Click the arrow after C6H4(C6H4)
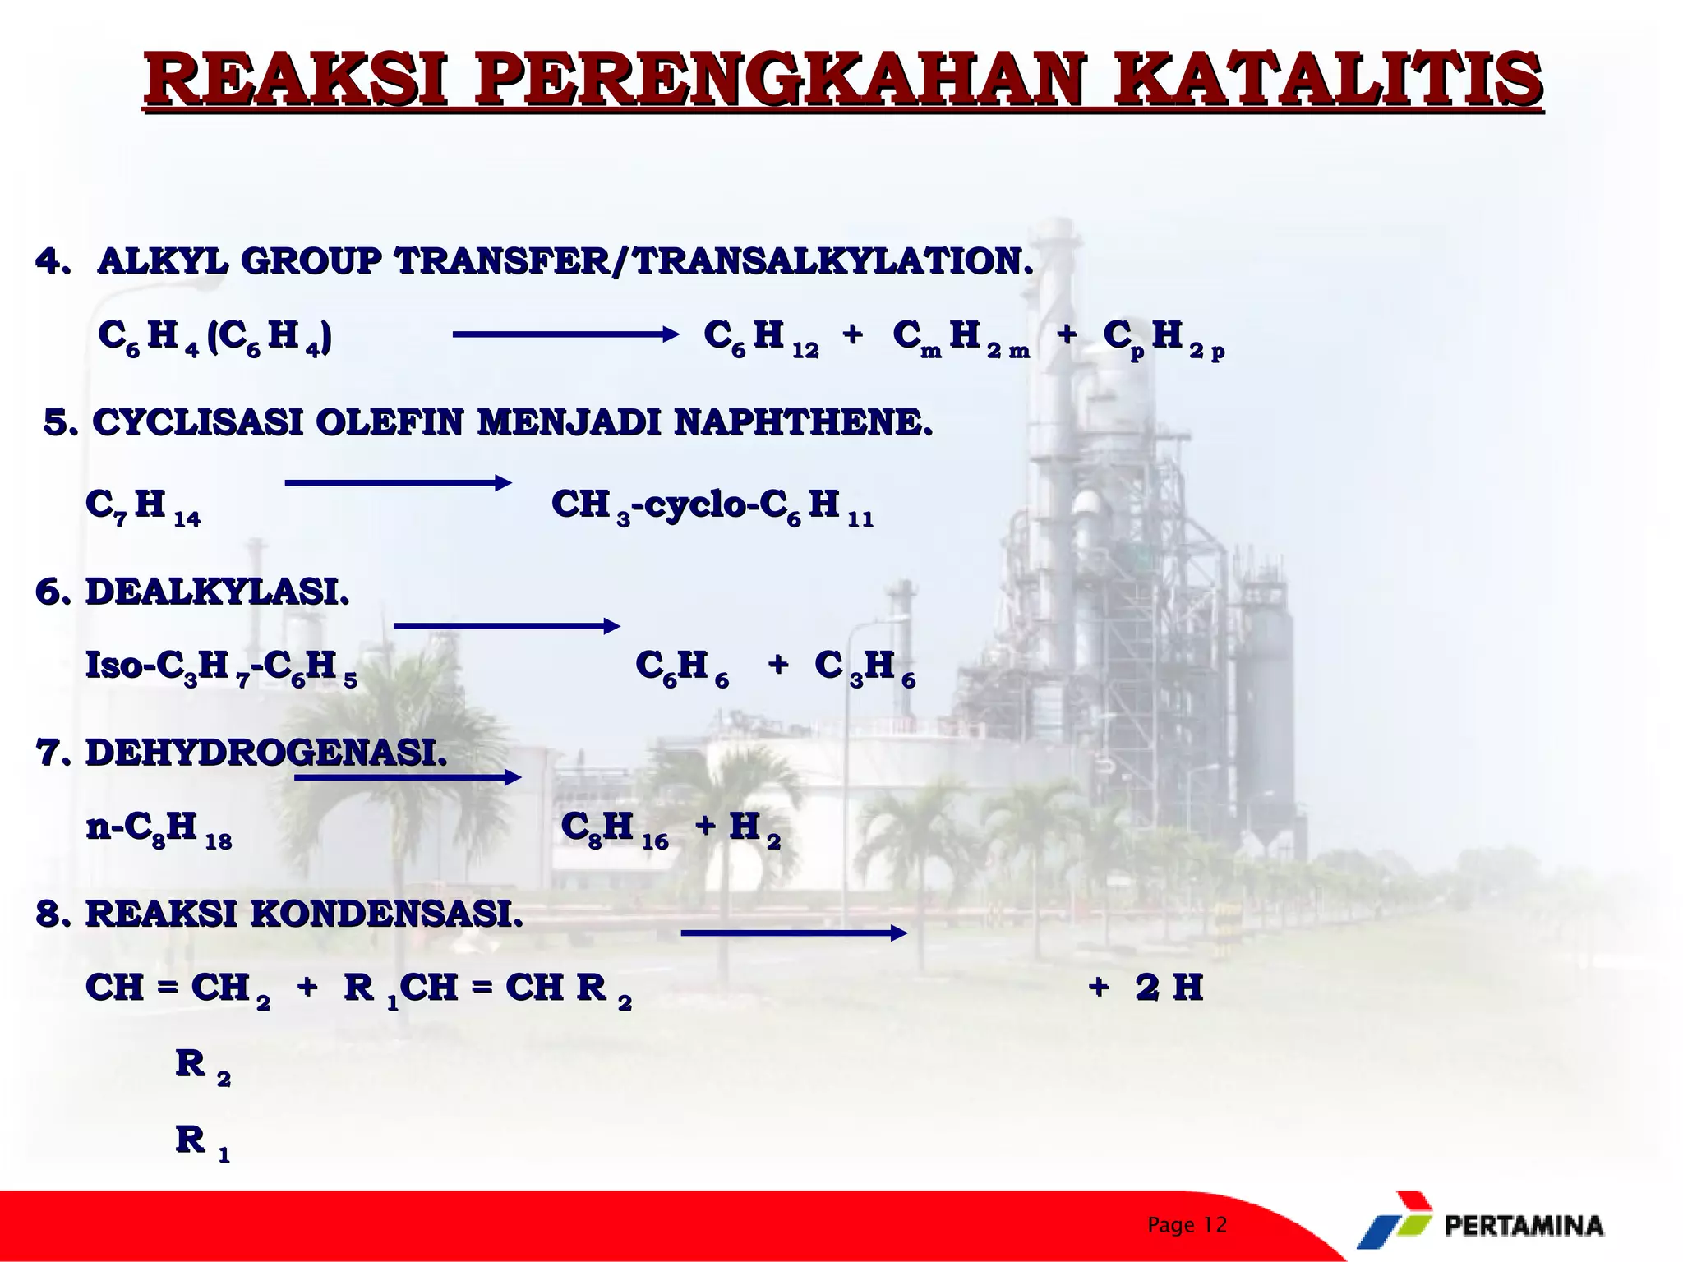click(x=565, y=334)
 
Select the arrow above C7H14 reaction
click(x=398, y=483)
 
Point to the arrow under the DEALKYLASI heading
click(x=506, y=626)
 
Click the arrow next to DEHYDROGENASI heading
click(x=408, y=777)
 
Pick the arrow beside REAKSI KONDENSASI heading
click(x=794, y=933)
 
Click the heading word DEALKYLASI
click(x=218, y=592)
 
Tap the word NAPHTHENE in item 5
click(x=804, y=423)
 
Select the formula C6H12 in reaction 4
click(x=761, y=338)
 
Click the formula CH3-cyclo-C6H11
click(x=712, y=505)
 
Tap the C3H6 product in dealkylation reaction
click(x=865, y=666)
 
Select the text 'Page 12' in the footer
click(x=1187, y=1225)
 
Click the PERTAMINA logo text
click(x=1524, y=1226)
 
